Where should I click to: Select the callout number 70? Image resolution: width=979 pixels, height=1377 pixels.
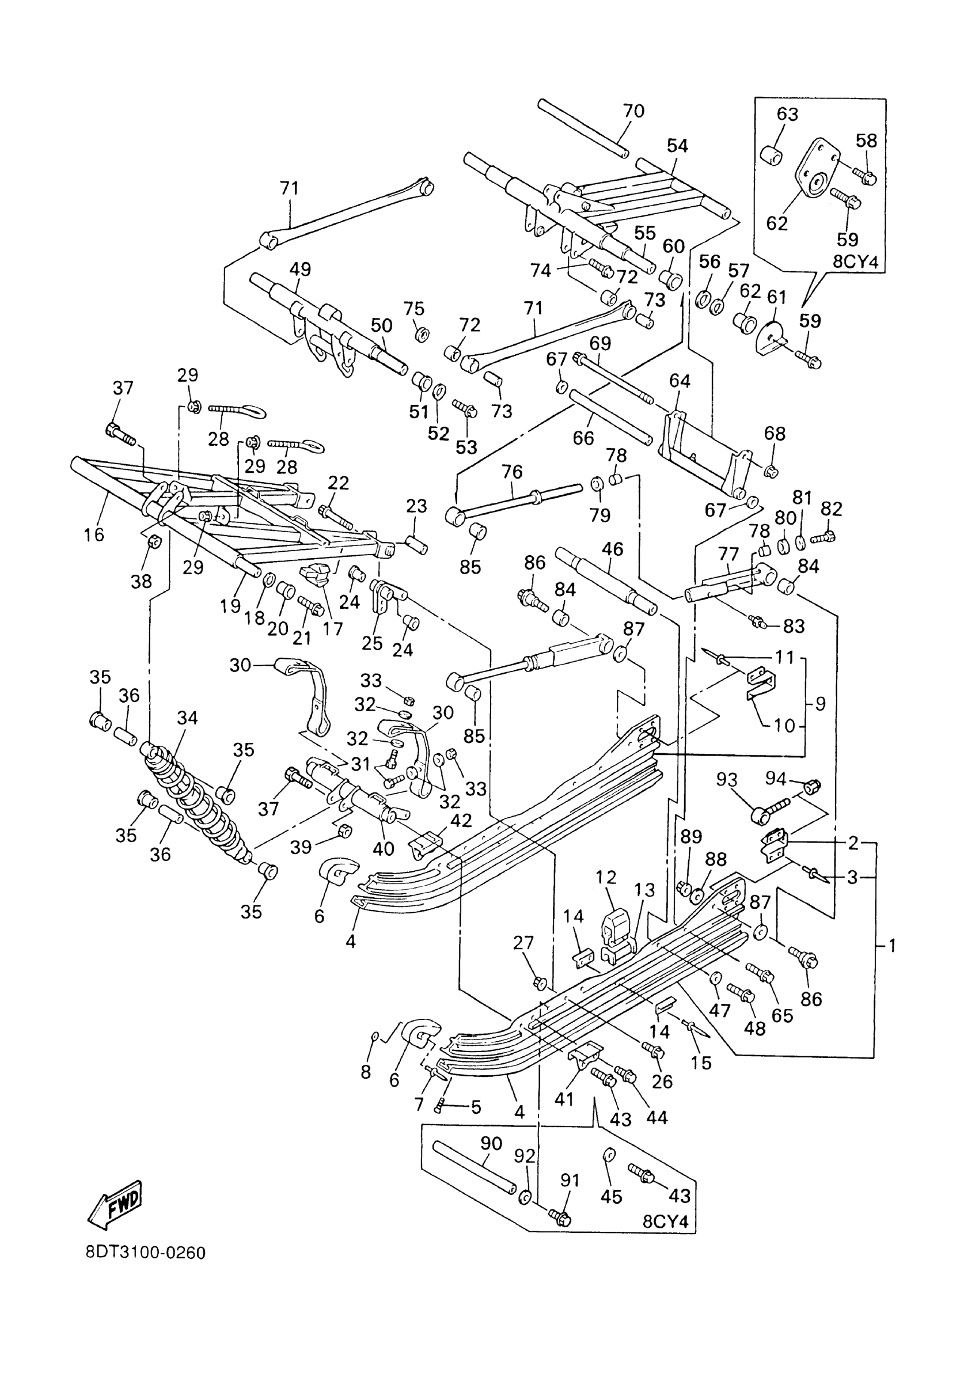633,111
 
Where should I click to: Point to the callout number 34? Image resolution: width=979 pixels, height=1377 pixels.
188,718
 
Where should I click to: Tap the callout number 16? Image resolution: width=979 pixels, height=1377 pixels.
94,534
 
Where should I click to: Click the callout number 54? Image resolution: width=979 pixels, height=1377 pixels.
678,145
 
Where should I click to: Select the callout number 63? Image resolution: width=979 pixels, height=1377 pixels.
787,114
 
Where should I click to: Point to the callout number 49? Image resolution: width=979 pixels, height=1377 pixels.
300,269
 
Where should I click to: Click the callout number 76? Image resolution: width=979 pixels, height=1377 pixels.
512,471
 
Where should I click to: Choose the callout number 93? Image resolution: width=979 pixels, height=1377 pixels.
726,780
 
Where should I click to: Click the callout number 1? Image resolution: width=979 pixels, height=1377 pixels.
892,946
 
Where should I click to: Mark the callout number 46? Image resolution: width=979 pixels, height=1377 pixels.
613,549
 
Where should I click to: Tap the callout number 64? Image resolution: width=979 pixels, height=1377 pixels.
680,381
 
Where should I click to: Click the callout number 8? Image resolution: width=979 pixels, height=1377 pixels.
366,1072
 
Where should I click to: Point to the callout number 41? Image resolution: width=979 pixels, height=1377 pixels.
564,1099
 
